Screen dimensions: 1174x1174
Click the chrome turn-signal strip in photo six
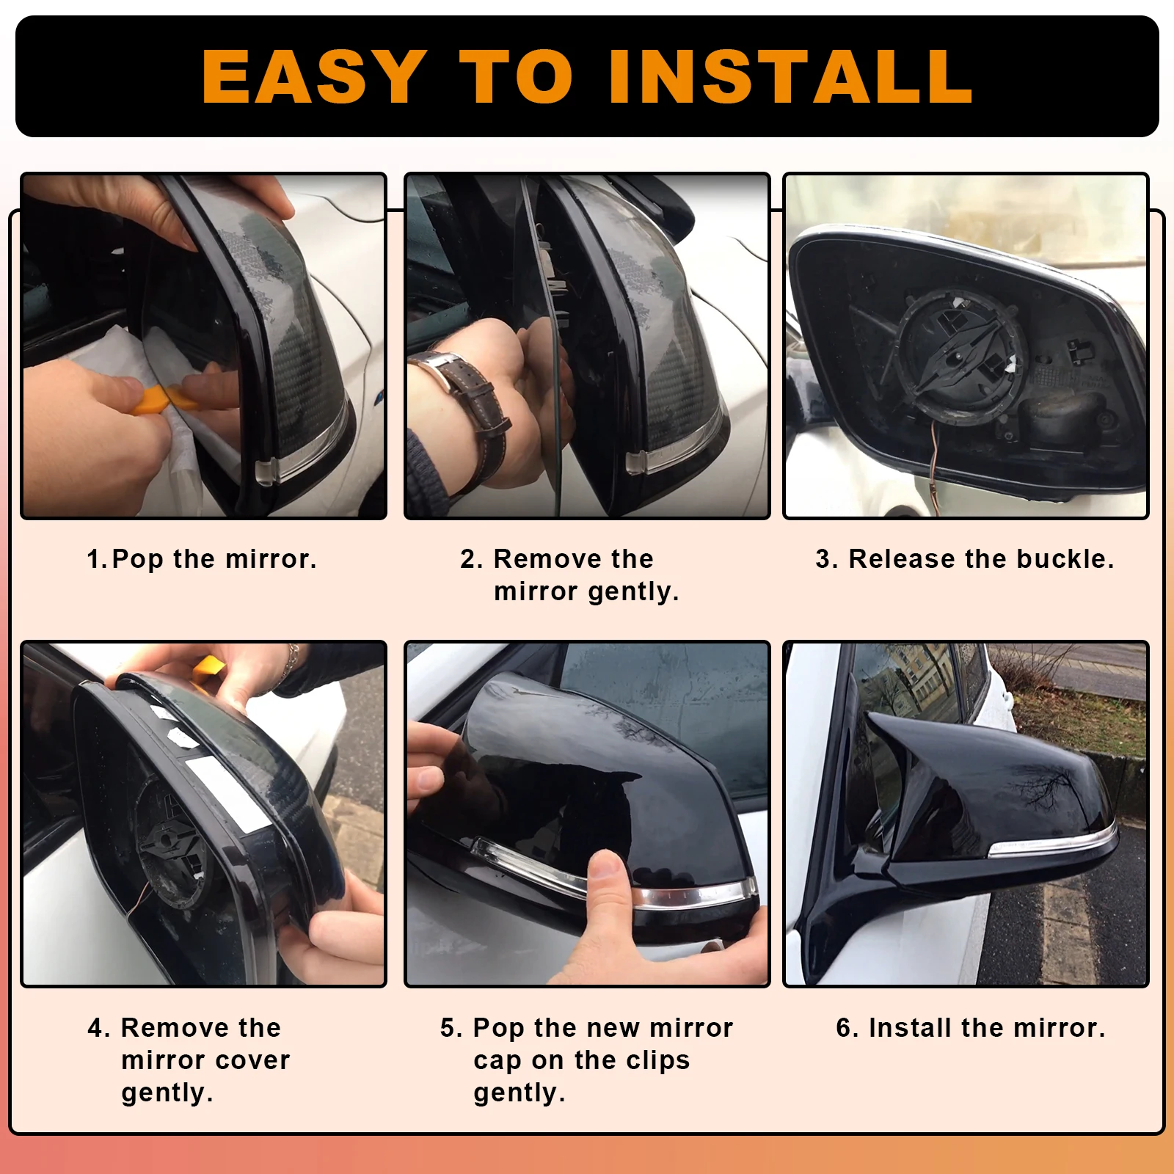point(1053,843)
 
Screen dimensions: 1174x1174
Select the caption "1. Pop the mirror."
point(202,559)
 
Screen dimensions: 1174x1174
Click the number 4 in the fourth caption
point(95,1028)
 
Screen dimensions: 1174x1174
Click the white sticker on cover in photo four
point(224,796)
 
